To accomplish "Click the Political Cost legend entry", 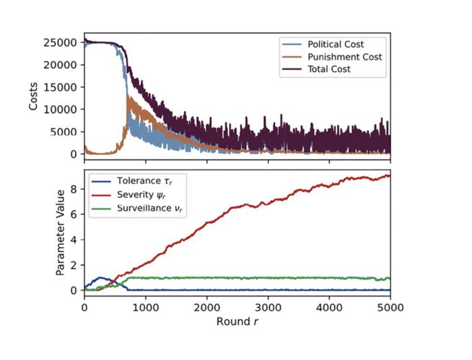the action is coord(323,44).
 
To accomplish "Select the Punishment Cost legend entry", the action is coord(332,57).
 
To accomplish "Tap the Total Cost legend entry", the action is coord(316,69).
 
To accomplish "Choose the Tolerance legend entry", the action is coord(132,181).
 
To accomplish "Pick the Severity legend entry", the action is coord(129,195).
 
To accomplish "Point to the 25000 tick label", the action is coord(60,42).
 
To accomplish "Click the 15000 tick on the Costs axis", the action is coord(60,87).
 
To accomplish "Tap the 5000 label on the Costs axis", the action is coord(63,132).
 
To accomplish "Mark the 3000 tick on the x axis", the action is coord(268,307).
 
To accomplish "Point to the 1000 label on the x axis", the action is coord(146,307).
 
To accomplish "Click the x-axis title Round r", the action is coord(237,322).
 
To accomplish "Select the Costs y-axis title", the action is coord(33,96).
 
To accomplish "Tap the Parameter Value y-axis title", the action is coord(60,233).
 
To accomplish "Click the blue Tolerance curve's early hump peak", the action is coord(100,278).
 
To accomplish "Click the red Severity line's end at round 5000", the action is coord(390,176).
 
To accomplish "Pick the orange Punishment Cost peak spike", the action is coord(128,96).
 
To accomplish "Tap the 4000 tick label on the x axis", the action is coord(329,307).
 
